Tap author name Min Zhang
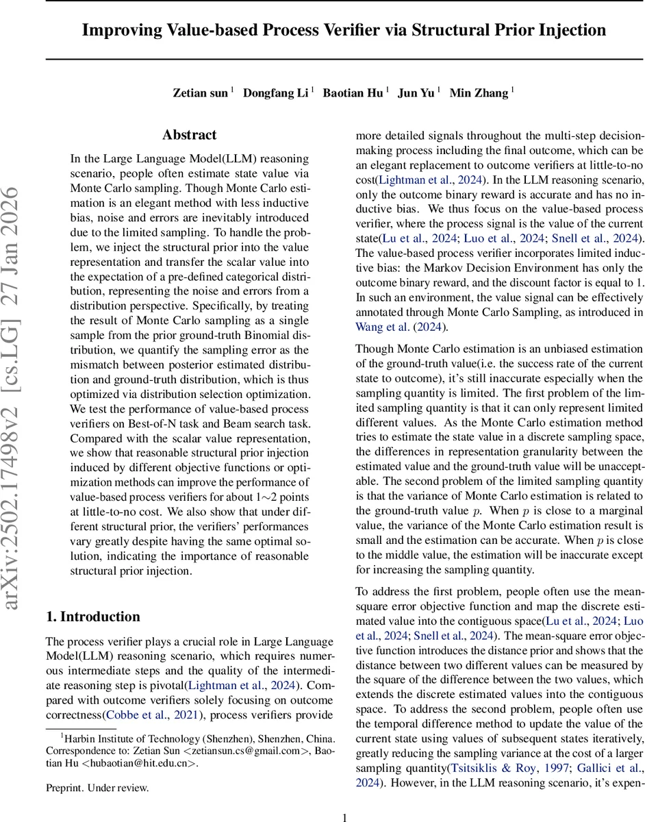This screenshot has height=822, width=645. (x=479, y=93)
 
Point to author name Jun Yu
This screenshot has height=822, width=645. (x=416, y=93)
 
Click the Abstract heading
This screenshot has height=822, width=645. (x=189, y=135)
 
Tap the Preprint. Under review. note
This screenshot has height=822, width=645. (x=97, y=788)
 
